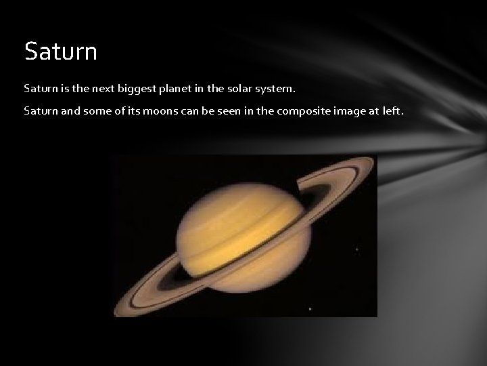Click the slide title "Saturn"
60,51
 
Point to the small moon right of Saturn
356,249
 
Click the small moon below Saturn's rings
310,309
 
